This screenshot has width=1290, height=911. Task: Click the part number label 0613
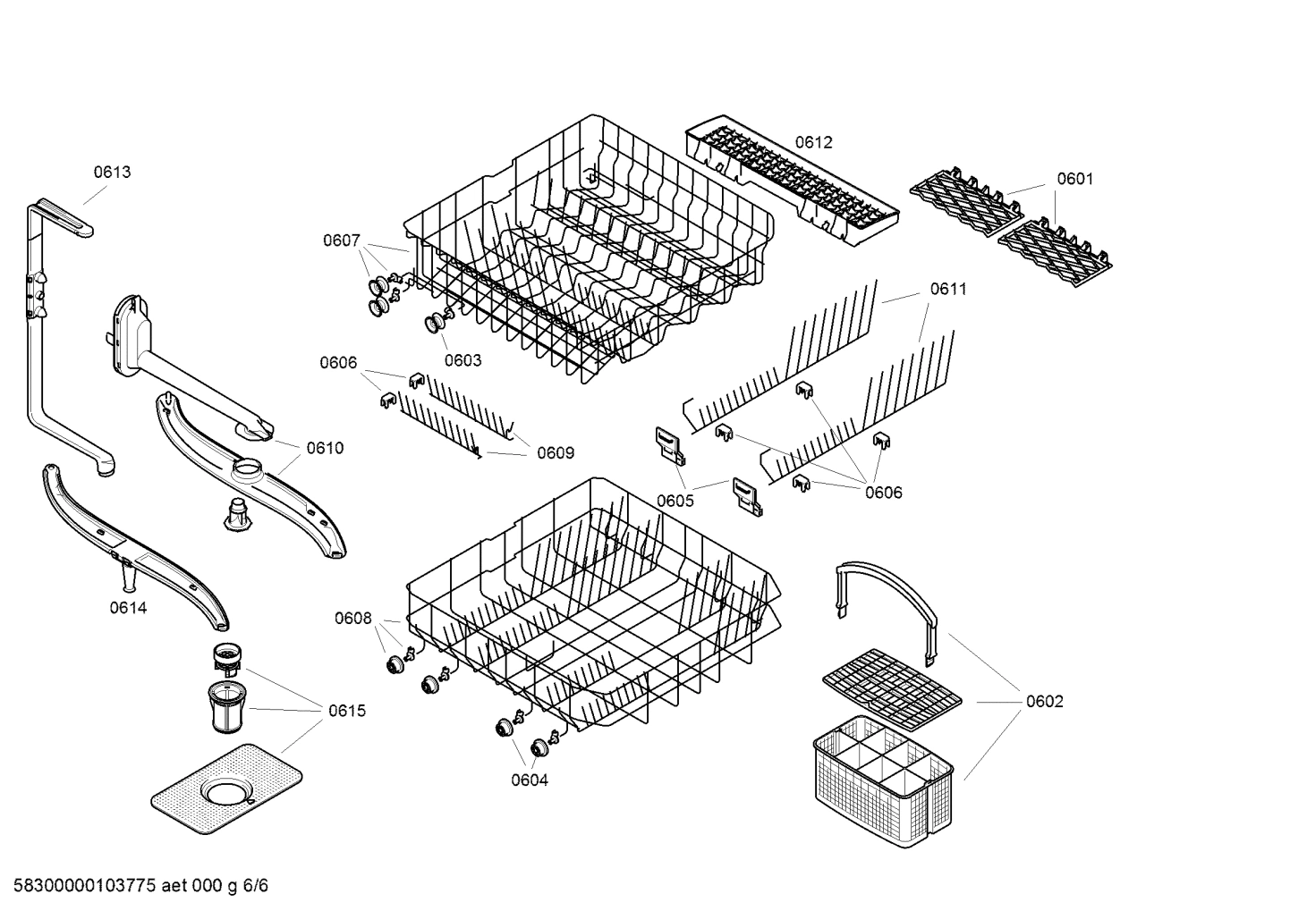pos(113,173)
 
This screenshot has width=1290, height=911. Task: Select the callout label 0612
pos(813,142)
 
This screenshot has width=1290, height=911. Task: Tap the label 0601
pos(1074,179)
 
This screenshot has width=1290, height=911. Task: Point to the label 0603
pos(463,360)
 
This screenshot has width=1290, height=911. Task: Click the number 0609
pos(555,453)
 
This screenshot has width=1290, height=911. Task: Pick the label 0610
pos(325,448)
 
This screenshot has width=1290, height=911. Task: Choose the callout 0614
pos(128,608)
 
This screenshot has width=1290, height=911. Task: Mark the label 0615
pos(346,712)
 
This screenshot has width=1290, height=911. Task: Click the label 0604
pos(530,780)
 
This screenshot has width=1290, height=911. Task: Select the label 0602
pos(1044,702)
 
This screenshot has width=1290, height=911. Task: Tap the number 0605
pos(675,501)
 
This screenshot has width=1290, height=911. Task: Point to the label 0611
pos(948,289)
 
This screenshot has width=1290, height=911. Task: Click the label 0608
pos(353,618)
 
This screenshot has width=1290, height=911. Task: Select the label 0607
pos(342,240)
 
